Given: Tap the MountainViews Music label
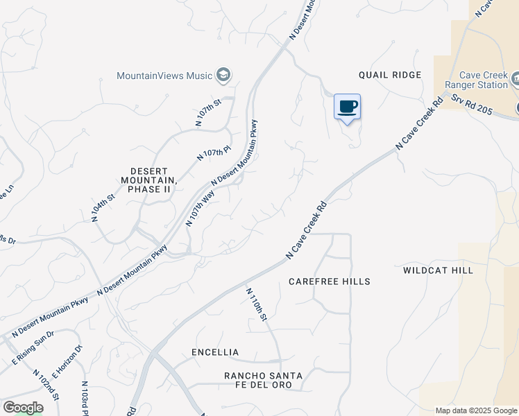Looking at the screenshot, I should (164, 75).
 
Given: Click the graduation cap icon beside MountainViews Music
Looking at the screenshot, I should (223, 74).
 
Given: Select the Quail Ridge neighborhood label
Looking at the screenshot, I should (390, 75).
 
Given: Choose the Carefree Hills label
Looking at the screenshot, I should (329, 281).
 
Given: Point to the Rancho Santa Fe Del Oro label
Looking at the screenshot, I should (263, 380).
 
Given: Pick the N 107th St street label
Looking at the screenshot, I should (208, 112).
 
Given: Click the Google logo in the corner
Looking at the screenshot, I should (23, 407).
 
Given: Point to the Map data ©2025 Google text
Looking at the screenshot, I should (476, 410).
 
